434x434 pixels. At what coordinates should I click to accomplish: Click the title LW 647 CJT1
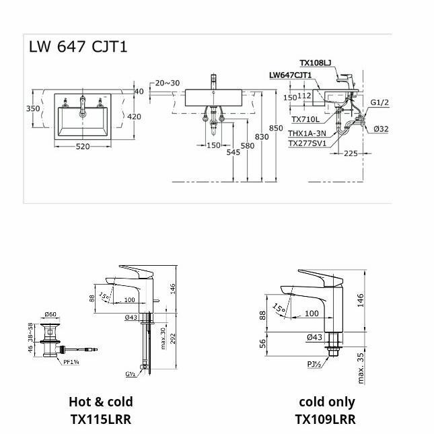[78, 46]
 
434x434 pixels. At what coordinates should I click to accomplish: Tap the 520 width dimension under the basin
[84, 146]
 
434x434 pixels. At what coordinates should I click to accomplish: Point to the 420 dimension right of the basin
[134, 116]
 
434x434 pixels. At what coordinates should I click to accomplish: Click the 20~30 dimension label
[168, 83]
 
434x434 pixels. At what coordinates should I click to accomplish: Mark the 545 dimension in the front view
[233, 153]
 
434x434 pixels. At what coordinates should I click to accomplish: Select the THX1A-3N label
[308, 133]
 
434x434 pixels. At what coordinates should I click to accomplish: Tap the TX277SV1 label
[308, 143]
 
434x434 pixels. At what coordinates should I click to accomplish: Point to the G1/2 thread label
[379, 102]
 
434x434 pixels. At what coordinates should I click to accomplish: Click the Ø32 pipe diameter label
[382, 129]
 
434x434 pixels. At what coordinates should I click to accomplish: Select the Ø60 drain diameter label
[51, 314]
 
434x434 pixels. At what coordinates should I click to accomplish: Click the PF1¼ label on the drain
[73, 361]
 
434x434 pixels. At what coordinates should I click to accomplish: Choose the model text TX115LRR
[101, 419]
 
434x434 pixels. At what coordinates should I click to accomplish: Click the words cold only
[326, 402]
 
